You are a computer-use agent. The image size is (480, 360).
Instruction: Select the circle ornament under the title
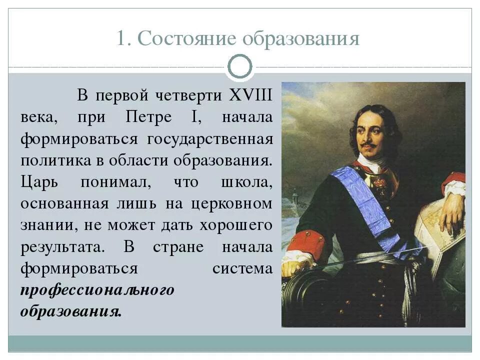coord(240,66)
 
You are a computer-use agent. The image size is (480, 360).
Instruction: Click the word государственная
coord(210,139)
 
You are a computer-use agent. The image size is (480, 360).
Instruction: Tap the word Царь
coord(39,182)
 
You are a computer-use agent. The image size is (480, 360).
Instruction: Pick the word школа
coord(247,182)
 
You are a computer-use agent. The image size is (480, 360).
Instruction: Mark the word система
coord(242,268)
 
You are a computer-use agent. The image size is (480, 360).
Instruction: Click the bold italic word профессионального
coord(97,290)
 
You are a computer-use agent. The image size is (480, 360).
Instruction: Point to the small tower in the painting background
coord(295,194)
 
